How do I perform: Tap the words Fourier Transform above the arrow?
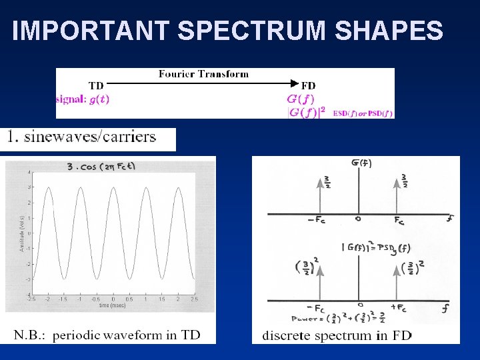[203, 74]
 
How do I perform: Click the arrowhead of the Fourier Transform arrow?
[293, 84]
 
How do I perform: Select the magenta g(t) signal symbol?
[97, 99]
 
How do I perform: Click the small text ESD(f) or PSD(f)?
[363, 113]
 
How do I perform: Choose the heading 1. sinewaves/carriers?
[81, 138]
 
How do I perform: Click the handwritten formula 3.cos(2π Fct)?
[102, 166]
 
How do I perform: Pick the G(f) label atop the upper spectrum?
[361, 163]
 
